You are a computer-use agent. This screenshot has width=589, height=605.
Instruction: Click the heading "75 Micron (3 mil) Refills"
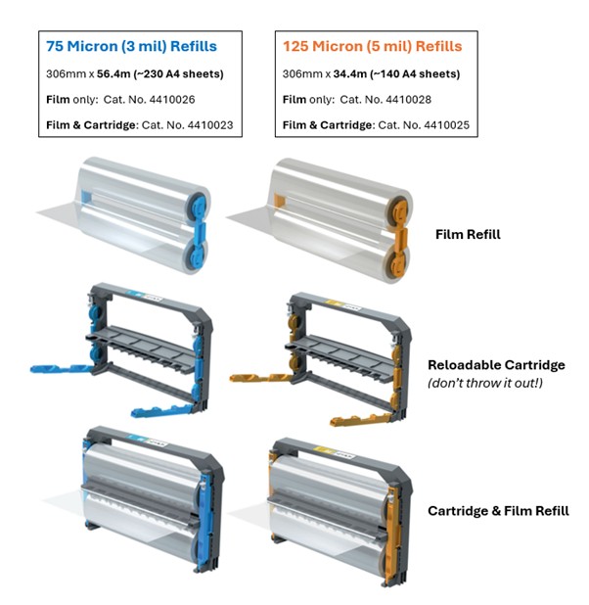click(131, 46)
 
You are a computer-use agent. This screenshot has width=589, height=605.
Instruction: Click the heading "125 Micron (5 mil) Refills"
click(372, 46)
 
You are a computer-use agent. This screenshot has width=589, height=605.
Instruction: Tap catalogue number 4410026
click(172, 100)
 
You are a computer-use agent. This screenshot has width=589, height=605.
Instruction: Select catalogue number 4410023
click(210, 125)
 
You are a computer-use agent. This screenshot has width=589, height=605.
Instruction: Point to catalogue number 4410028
click(408, 100)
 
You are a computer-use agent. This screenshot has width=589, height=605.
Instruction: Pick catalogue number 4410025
click(447, 125)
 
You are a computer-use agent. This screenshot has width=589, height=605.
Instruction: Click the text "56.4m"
click(113, 73)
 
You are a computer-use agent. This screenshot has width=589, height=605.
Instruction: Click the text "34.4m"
click(350, 73)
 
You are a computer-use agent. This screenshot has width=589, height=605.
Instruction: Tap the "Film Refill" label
click(468, 234)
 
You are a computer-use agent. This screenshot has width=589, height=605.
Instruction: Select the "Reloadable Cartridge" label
click(496, 364)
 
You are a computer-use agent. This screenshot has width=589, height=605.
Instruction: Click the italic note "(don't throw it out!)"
click(485, 383)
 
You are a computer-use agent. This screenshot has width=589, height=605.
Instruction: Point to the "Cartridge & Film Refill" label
click(498, 511)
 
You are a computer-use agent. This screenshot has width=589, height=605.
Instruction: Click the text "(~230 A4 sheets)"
click(179, 73)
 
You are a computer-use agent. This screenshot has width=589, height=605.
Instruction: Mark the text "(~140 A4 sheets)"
click(415, 73)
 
